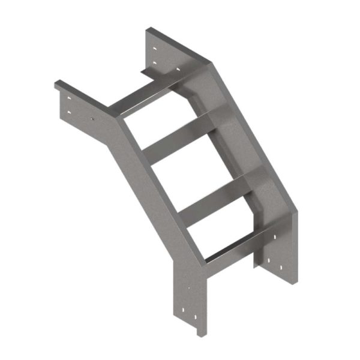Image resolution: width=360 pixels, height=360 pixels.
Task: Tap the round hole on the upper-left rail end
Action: click(x=92, y=118)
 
